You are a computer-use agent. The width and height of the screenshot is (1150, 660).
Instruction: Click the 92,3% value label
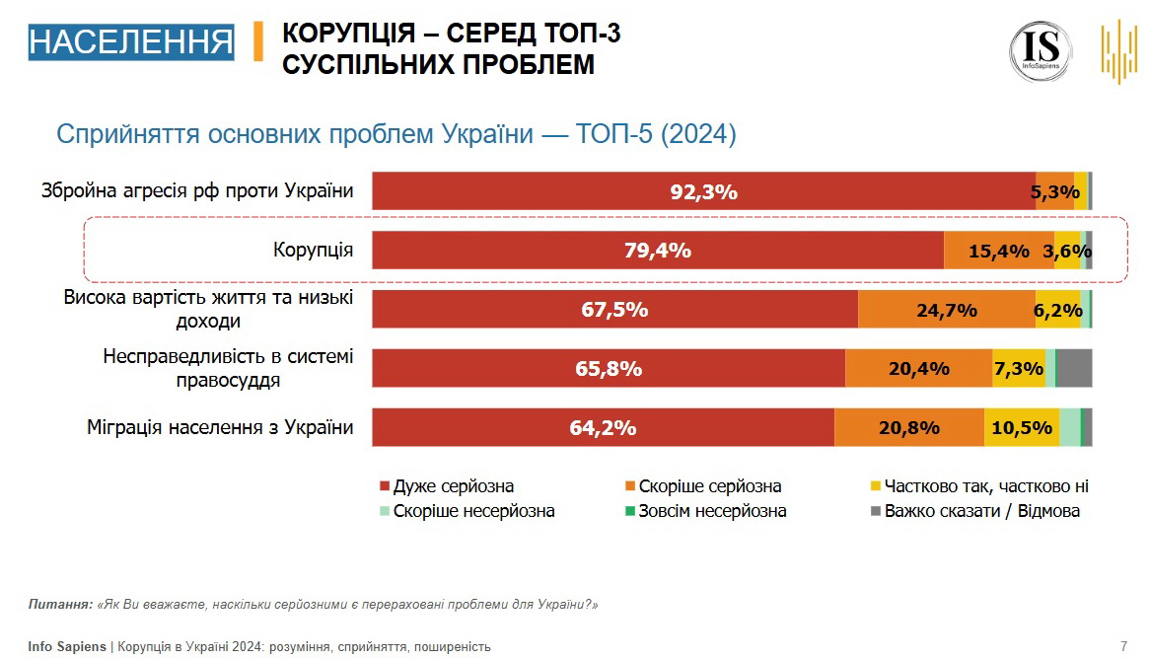pos(703,192)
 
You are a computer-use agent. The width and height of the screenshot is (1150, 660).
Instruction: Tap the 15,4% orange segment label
pos(998,252)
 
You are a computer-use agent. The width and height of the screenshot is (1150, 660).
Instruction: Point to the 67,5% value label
pos(614,310)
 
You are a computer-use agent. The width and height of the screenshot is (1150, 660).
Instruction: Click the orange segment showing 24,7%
pos(946,310)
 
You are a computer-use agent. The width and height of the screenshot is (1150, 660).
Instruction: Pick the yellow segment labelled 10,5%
pos(1021,428)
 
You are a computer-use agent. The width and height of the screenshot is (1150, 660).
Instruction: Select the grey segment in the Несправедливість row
pos(1074,368)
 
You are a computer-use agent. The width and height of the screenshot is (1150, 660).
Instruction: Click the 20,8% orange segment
pos(908,428)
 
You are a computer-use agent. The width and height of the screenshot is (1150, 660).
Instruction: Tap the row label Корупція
pos(313,250)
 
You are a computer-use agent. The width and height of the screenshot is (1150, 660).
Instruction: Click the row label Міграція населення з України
pos(219,427)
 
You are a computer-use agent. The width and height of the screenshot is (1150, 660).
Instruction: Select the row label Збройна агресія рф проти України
pos(197,190)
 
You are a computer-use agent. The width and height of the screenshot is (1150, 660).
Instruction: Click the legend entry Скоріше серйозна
pos(709,486)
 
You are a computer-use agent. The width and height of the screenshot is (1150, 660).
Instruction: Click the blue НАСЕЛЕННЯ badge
pos(131,42)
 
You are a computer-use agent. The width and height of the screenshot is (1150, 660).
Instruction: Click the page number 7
pos(1123,646)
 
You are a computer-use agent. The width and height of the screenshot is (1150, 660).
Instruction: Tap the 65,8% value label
pos(609,369)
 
